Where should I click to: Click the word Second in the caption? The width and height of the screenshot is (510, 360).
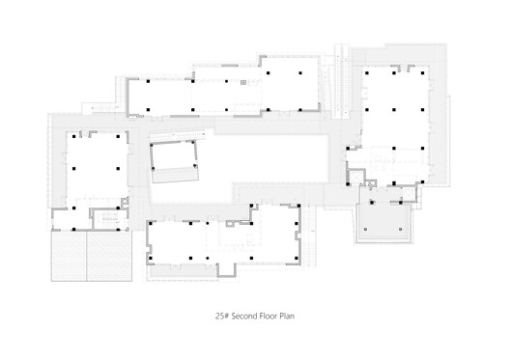pyautogui.click(x=243, y=316)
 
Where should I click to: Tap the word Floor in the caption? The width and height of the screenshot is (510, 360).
pyautogui.click(x=268, y=316)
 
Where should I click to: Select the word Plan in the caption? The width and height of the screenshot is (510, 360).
pyautogui.click(x=287, y=316)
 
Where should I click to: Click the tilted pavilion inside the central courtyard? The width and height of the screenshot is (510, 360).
pyautogui.click(x=174, y=161)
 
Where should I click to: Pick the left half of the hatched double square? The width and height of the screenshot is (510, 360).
pyautogui.click(x=69, y=256)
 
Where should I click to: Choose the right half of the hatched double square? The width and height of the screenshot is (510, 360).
pyautogui.click(x=109, y=256)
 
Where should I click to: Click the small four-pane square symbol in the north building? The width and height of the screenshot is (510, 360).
pyautogui.click(x=243, y=83)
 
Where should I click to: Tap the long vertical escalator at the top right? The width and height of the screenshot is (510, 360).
pyautogui.click(x=342, y=83)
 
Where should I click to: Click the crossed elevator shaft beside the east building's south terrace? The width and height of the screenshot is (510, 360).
pyautogui.click(x=408, y=194)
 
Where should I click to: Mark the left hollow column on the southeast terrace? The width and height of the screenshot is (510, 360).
pyautogui.click(x=365, y=229)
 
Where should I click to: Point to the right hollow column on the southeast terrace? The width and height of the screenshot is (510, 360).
pyautogui.click(x=401, y=229)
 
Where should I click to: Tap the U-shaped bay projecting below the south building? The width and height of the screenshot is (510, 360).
pyautogui.click(x=226, y=270)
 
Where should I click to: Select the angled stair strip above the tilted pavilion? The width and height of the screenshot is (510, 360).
pyautogui.click(x=178, y=135)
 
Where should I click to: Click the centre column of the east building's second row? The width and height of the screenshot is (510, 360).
pyautogui.click(x=394, y=110)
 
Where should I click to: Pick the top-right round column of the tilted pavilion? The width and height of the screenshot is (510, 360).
pyautogui.click(x=193, y=142)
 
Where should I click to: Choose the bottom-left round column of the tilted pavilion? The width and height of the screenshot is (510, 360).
pyautogui.click(x=154, y=169)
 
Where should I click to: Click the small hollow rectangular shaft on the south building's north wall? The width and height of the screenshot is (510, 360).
pyautogui.click(x=230, y=224)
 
